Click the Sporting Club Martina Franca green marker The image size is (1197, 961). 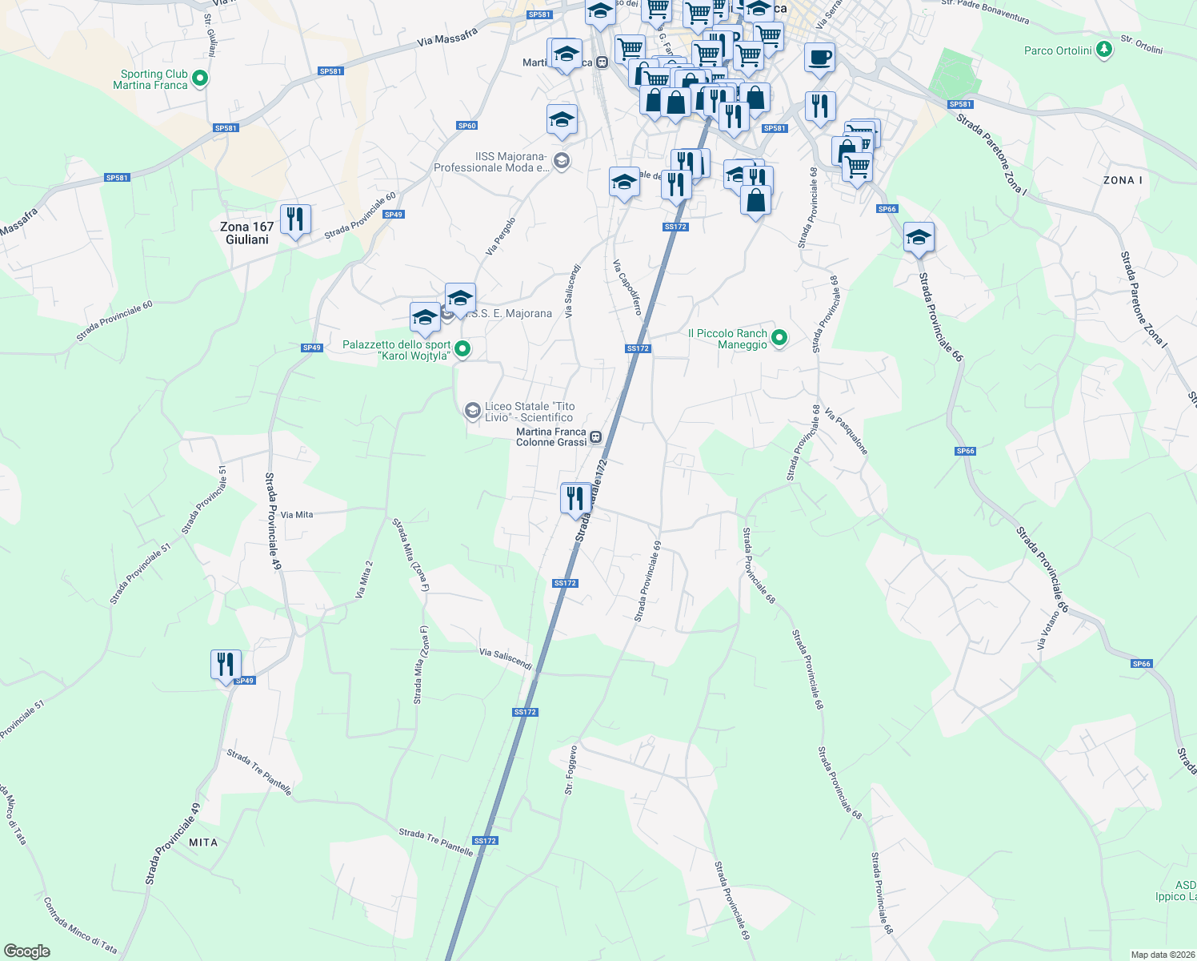201,78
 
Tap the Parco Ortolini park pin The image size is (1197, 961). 1104,50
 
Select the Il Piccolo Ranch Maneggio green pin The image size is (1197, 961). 779,338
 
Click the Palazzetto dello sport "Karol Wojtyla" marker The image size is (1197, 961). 462,349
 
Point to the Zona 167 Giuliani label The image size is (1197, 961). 246,233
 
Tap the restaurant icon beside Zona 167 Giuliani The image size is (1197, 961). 295,219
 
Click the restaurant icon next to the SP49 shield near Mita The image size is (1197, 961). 226,665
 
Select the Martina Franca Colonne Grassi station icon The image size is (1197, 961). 596,437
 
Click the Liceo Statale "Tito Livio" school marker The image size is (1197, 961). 472,411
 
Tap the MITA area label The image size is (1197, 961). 203,842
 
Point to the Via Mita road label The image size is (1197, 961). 297,515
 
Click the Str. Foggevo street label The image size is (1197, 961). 570,770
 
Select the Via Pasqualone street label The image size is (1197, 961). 846,432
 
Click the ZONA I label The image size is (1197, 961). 1123,180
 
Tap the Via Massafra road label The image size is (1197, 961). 447,37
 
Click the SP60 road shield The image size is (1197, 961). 467,126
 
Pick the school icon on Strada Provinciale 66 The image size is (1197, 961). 919,237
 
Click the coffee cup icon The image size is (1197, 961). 819,58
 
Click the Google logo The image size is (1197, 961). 27,951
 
